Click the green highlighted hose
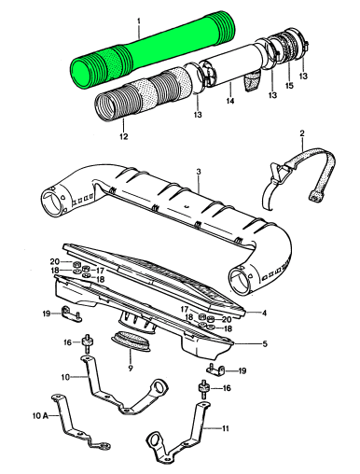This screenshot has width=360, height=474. (152, 50)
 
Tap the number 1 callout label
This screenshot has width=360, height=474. (139, 21)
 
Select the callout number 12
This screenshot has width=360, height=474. (123, 136)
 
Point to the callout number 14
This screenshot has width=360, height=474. (230, 101)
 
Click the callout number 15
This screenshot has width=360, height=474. (289, 85)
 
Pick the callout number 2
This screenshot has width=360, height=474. (302, 133)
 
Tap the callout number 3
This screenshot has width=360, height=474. (199, 172)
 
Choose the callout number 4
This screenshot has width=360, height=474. (264, 313)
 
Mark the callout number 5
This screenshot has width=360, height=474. (265, 344)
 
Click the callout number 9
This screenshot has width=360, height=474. (131, 369)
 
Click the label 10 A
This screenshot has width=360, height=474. (41, 415)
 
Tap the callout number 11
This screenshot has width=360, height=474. (225, 428)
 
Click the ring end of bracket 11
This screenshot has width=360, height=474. (156, 440)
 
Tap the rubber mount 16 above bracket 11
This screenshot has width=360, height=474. (203, 388)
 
